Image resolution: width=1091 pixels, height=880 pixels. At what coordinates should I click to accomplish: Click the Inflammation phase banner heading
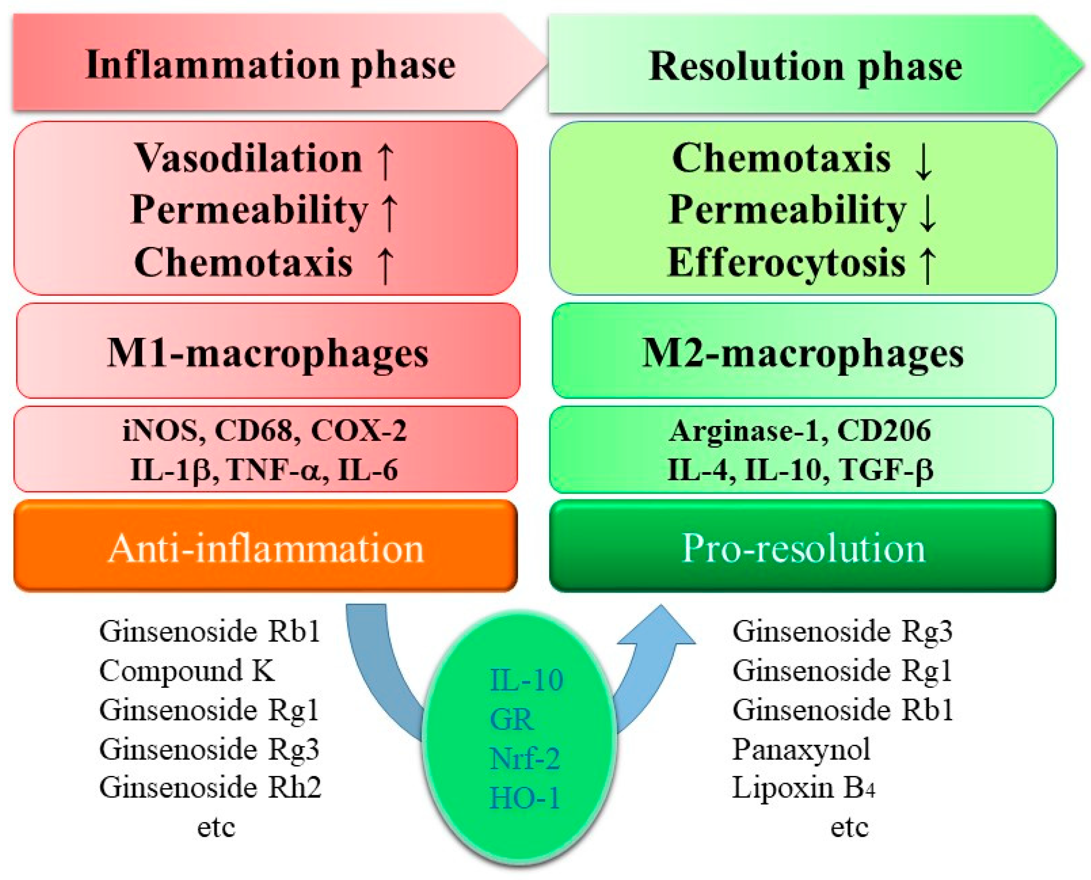270,65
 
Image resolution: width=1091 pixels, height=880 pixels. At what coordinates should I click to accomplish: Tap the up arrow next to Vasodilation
386,161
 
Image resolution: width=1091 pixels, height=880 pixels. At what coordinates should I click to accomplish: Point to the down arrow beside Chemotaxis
923,161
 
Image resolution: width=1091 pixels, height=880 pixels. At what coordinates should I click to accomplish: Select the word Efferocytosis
785,263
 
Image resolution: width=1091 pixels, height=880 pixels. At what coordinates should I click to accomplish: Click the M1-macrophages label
268,353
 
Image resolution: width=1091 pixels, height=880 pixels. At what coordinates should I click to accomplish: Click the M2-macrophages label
803,353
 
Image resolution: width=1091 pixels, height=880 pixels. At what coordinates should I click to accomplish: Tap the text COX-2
358,431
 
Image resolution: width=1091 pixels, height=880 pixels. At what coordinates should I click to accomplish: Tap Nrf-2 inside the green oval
525,759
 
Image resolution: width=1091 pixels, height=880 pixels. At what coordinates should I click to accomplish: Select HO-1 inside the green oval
525,798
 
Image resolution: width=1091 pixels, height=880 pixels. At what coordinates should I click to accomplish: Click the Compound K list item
187,671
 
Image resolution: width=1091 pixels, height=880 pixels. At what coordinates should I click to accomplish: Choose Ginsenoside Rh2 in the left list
210,788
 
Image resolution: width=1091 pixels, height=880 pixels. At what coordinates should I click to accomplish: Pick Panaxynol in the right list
801,749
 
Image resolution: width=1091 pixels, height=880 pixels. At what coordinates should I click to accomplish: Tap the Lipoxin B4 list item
803,788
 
